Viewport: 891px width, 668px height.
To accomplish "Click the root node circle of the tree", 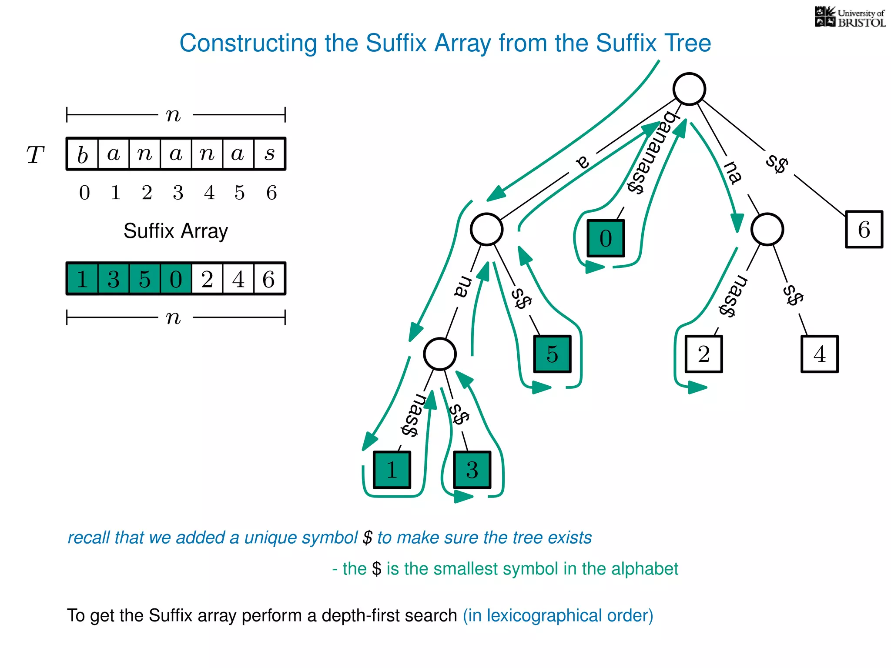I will (689, 89).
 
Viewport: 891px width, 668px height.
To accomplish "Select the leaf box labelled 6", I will (864, 229).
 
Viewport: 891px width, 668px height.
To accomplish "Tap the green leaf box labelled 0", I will (606, 238).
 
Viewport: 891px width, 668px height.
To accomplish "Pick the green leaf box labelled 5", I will (552, 354).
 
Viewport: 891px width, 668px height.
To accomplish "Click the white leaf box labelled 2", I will (703, 354).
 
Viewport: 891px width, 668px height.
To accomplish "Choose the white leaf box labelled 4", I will (819, 354).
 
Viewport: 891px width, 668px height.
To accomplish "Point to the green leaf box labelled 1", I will (392, 470).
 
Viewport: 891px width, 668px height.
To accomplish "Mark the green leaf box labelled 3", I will (472, 470).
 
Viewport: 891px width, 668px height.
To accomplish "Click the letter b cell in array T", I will (83, 154).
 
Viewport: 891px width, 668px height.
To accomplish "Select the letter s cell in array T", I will (269, 154).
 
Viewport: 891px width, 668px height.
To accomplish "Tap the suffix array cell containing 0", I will (176, 279).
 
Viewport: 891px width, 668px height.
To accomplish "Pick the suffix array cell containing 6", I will (269, 279).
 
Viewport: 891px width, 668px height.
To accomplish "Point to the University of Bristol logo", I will (850, 17).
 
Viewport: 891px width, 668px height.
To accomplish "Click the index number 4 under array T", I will (209, 193).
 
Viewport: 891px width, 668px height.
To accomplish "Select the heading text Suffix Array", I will (175, 231).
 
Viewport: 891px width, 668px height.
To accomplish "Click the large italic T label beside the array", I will (35, 155).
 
